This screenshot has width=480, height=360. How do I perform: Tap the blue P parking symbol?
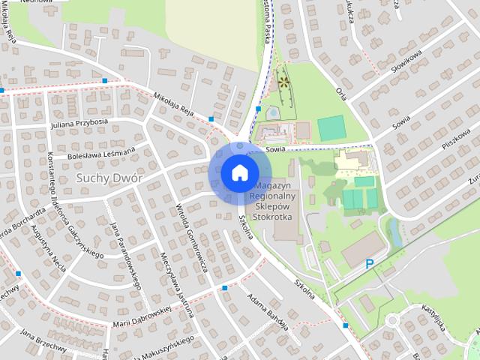point(369,263)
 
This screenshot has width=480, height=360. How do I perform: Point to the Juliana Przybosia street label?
point(79,124)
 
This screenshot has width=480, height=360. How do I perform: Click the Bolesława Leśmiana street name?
point(101,152)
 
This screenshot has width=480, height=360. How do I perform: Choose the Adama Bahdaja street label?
point(268,310)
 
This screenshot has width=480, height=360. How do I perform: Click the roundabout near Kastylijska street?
point(391,321)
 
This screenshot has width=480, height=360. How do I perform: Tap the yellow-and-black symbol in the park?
point(283,81)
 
